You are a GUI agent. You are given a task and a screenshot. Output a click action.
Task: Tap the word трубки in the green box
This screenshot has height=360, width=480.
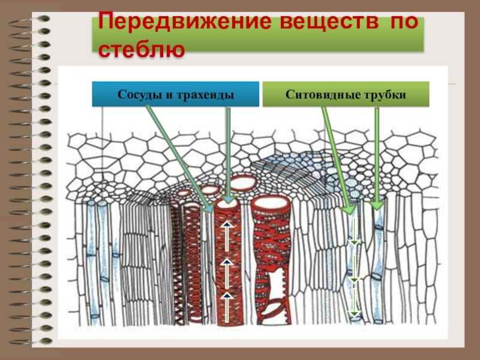tap(385, 95)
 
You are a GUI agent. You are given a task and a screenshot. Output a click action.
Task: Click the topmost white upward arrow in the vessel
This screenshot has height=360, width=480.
tap(227, 226)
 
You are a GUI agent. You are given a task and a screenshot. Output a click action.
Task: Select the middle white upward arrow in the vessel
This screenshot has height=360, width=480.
tap(227, 264)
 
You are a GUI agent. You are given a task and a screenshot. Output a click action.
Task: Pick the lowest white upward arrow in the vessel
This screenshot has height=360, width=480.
tap(227, 295)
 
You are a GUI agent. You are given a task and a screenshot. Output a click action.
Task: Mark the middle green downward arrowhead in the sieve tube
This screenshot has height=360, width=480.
tap(354, 280)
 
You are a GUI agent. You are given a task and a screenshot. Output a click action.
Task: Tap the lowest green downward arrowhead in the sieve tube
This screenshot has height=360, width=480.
tap(354, 313)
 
